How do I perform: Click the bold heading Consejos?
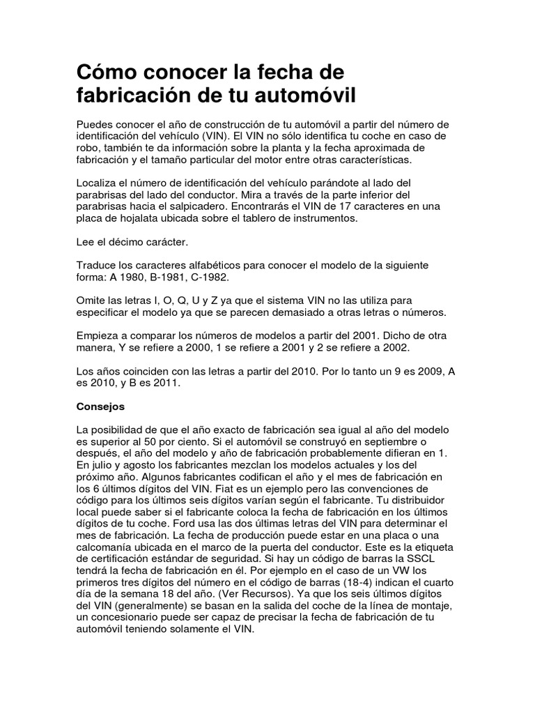point(100,404)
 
